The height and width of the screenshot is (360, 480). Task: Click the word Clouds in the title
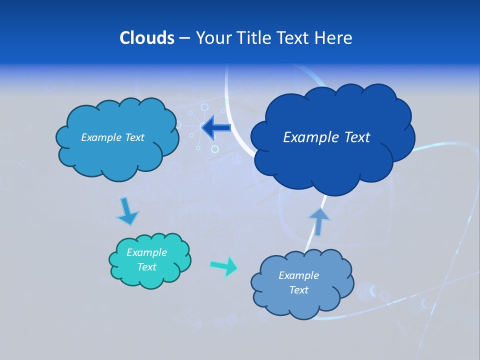point(147,38)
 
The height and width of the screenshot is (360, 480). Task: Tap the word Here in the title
point(333,38)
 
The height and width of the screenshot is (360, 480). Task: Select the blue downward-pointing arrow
point(127,211)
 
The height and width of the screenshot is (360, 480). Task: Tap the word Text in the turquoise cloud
point(146,267)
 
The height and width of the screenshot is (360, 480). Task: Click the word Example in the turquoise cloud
point(146,252)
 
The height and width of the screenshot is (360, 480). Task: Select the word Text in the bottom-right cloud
point(298,290)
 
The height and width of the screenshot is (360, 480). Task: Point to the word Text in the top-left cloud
point(134,137)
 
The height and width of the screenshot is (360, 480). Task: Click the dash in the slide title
point(184,38)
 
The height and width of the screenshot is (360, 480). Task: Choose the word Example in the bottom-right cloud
point(298,275)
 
